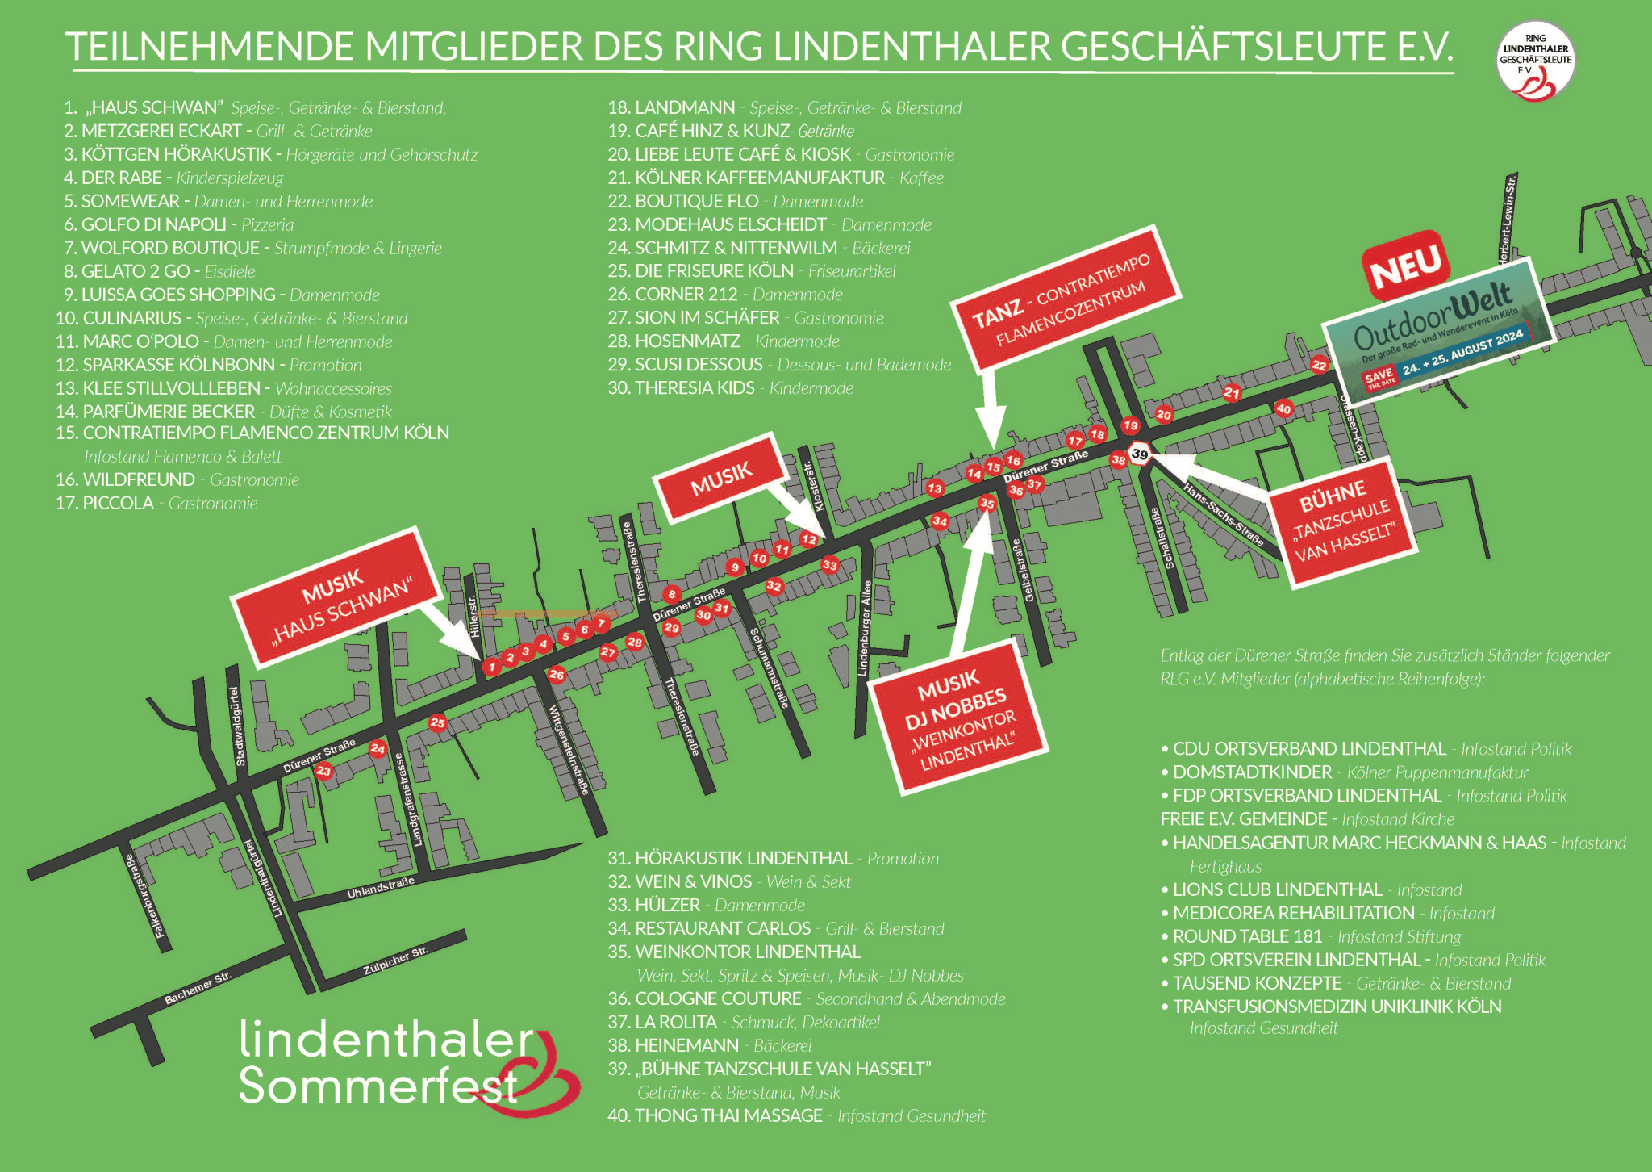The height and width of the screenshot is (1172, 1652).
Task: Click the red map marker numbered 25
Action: tap(438, 722)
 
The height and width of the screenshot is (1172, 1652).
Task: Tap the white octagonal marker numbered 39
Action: tap(1139, 454)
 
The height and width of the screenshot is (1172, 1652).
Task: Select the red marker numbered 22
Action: tap(1319, 365)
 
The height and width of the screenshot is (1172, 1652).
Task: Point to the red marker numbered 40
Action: tap(1283, 408)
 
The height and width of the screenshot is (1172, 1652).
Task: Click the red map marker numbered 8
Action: tap(672, 594)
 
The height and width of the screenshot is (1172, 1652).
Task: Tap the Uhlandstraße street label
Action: tap(380, 888)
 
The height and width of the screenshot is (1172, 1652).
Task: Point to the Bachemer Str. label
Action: tap(198, 988)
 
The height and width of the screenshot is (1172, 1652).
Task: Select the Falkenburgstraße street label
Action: tap(140, 896)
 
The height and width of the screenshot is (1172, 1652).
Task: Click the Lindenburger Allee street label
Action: tap(864, 628)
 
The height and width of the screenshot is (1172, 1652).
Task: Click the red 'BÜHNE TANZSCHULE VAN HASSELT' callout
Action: tap(1342, 521)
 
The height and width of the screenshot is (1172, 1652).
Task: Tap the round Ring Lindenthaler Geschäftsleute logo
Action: tap(1535, 61)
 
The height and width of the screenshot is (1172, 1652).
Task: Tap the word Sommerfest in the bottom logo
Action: tap(379, 1086)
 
